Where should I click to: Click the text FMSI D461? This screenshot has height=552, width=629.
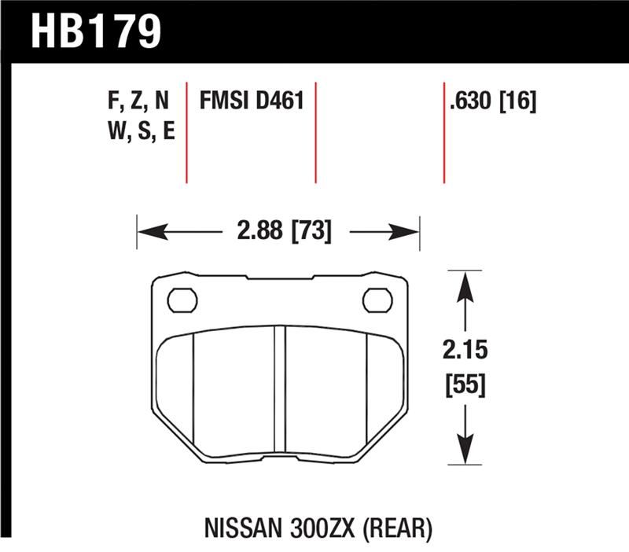[251, 101]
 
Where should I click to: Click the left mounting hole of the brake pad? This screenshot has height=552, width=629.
[182, 300]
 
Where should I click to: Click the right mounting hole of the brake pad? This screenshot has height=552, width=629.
[377, 300]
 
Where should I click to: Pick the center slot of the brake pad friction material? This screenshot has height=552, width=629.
[279, 389]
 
